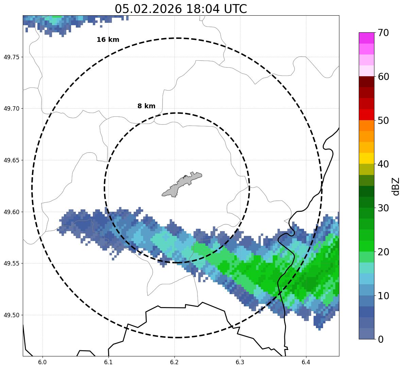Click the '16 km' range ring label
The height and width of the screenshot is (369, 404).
coord(108,40)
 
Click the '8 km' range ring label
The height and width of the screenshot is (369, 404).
coord(146,106)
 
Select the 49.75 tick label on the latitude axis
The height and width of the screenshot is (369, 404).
coord(11,57)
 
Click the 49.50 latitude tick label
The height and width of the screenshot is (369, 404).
coord(11,315)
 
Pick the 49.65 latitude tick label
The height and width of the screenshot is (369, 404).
coord(11,160)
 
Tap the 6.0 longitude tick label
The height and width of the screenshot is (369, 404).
coord(43,362)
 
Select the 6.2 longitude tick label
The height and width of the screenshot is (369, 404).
coord(174,362)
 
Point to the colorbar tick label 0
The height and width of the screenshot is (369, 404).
coord(381,339)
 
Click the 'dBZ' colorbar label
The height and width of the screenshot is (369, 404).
coord(395,186)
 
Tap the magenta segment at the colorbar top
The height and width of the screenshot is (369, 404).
coord(366,38)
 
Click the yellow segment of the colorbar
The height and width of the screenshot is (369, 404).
coord(366,159)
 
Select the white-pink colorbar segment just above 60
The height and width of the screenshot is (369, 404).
coord(366,71)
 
